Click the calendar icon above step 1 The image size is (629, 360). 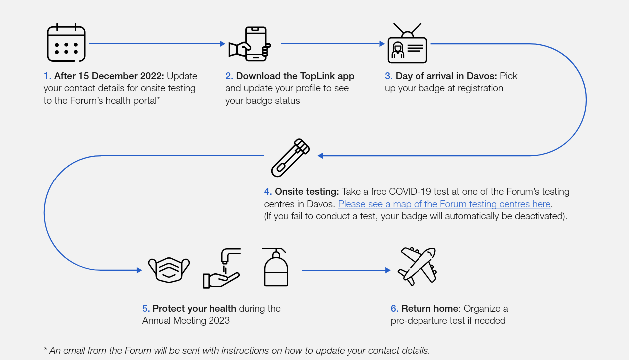pyautogui.click(x=66, y=43)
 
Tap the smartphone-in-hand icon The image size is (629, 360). pyautogui.click(x=249, y=44)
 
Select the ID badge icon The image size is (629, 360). pyautogui.click(x=407, y=43)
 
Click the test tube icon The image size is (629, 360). pyautogui.click(x=290, y=158)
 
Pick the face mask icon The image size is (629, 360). pyautogui.click(x=169, y=270)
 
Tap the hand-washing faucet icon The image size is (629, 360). pyautogui.click(x=222, y=268)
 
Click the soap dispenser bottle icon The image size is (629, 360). pyautogui.click(x=276, y=267)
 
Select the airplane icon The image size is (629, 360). pyautogui.click(x=417, y=266)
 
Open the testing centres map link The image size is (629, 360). pyautogui.click(x=444, y=204)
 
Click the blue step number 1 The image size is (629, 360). pyautogui.click(x=47, y=76)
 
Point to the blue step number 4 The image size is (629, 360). pyautogui.click(x=268, y=191)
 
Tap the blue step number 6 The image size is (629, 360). pyautogui.click(x=394, y=308)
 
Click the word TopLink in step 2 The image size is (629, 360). pyautogui.click(x=317, y=76)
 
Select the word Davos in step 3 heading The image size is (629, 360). pyautogui.click(x=481, y=76)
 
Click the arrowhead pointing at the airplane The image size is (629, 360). pyautogui.click(x=388, y=270)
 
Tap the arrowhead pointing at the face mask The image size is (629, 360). pyautogui.click(x=139, y=270)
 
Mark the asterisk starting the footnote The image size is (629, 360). pyautogui.click(x=45, y=349)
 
